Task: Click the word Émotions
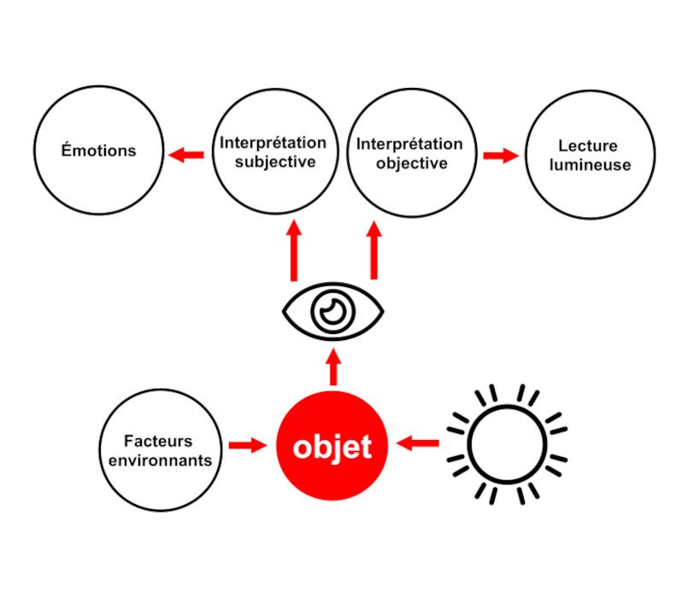click(x=98, y=151)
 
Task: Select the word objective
click(x=411, y=163)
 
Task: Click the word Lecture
click(x=588, y=146)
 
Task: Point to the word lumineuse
click(x=590, y=165)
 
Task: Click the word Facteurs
click(x=158, y=442)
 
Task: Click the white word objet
click(x=332, y=446)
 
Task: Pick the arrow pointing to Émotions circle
click(x=186, y=155)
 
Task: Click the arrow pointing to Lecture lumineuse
click(x=501, y=155)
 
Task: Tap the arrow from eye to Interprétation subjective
click(x=294, y=249)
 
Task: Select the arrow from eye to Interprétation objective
click(x=373, y=249)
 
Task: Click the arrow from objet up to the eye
click(x=333, y=366)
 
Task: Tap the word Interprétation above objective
click(x=409, y=144)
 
